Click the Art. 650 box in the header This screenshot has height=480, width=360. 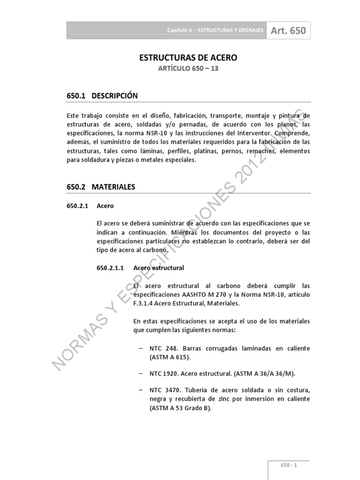(x=288, y=31)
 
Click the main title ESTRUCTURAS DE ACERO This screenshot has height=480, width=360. (x=188, y=58)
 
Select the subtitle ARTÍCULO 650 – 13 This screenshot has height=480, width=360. (x=188, y=69)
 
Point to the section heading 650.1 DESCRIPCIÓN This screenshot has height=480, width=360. (x=102, y=96)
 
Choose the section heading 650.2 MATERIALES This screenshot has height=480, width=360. (x=101, y=187)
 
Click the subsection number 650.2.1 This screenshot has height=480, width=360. (x=77, y=206)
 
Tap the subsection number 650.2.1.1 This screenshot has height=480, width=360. (x=109, y=268)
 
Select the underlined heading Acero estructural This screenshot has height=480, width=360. (x=159, y=268)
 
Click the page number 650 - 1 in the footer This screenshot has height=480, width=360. (x=289, y=465)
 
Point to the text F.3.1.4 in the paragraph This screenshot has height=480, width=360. (x=146, y=303)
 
